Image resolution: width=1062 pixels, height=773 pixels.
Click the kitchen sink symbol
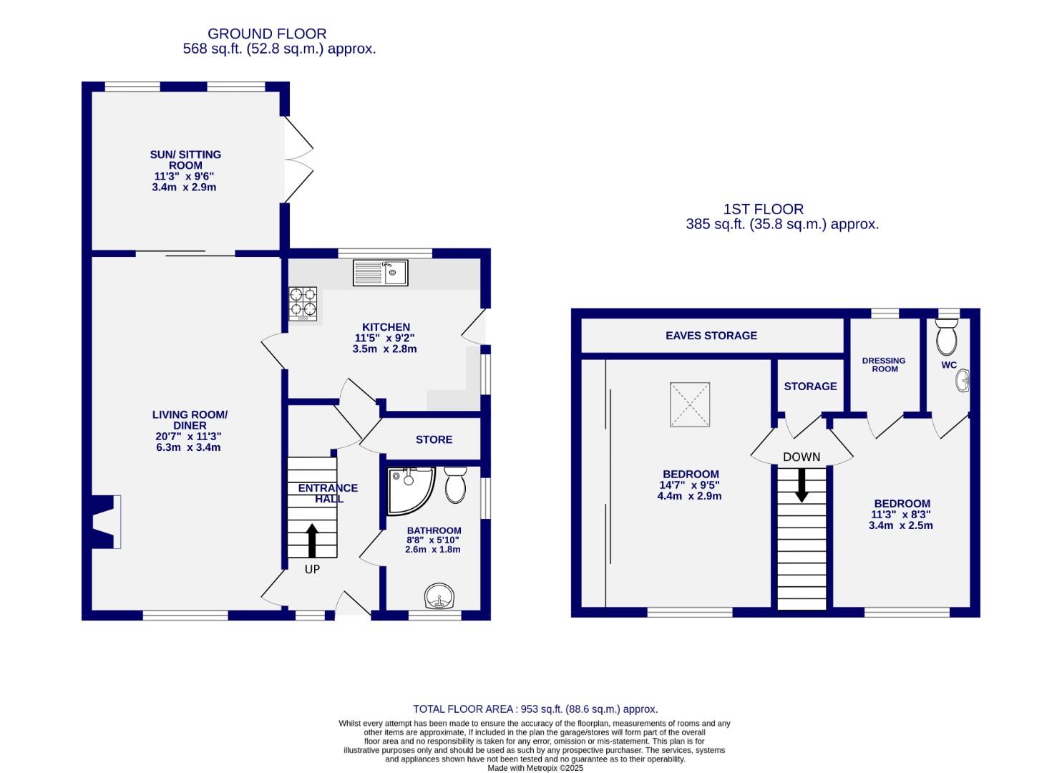tap(380, 273)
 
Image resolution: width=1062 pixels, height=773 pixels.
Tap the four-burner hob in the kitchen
tap(303, 303)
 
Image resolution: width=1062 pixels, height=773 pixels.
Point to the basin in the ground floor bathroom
tap(440, 596)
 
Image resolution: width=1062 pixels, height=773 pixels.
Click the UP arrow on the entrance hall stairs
tap(312, 540)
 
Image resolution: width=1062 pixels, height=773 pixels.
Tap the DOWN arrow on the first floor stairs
tap(802, 485)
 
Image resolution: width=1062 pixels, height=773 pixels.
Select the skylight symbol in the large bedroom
tap(690, 404)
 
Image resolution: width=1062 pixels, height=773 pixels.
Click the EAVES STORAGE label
tap(711, 336)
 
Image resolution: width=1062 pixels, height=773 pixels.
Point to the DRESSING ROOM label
tap(884, 365)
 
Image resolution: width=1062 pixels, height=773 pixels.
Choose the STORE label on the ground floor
tap(434, 439)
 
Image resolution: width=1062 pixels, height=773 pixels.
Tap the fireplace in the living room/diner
tap(105, 522)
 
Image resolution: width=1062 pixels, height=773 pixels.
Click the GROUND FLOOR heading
tap(267, 34)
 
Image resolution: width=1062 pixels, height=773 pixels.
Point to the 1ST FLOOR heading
tap(763, 209)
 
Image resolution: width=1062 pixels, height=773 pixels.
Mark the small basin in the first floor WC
tap(963, 381)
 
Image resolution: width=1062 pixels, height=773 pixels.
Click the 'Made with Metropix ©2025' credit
tap(535, 768)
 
